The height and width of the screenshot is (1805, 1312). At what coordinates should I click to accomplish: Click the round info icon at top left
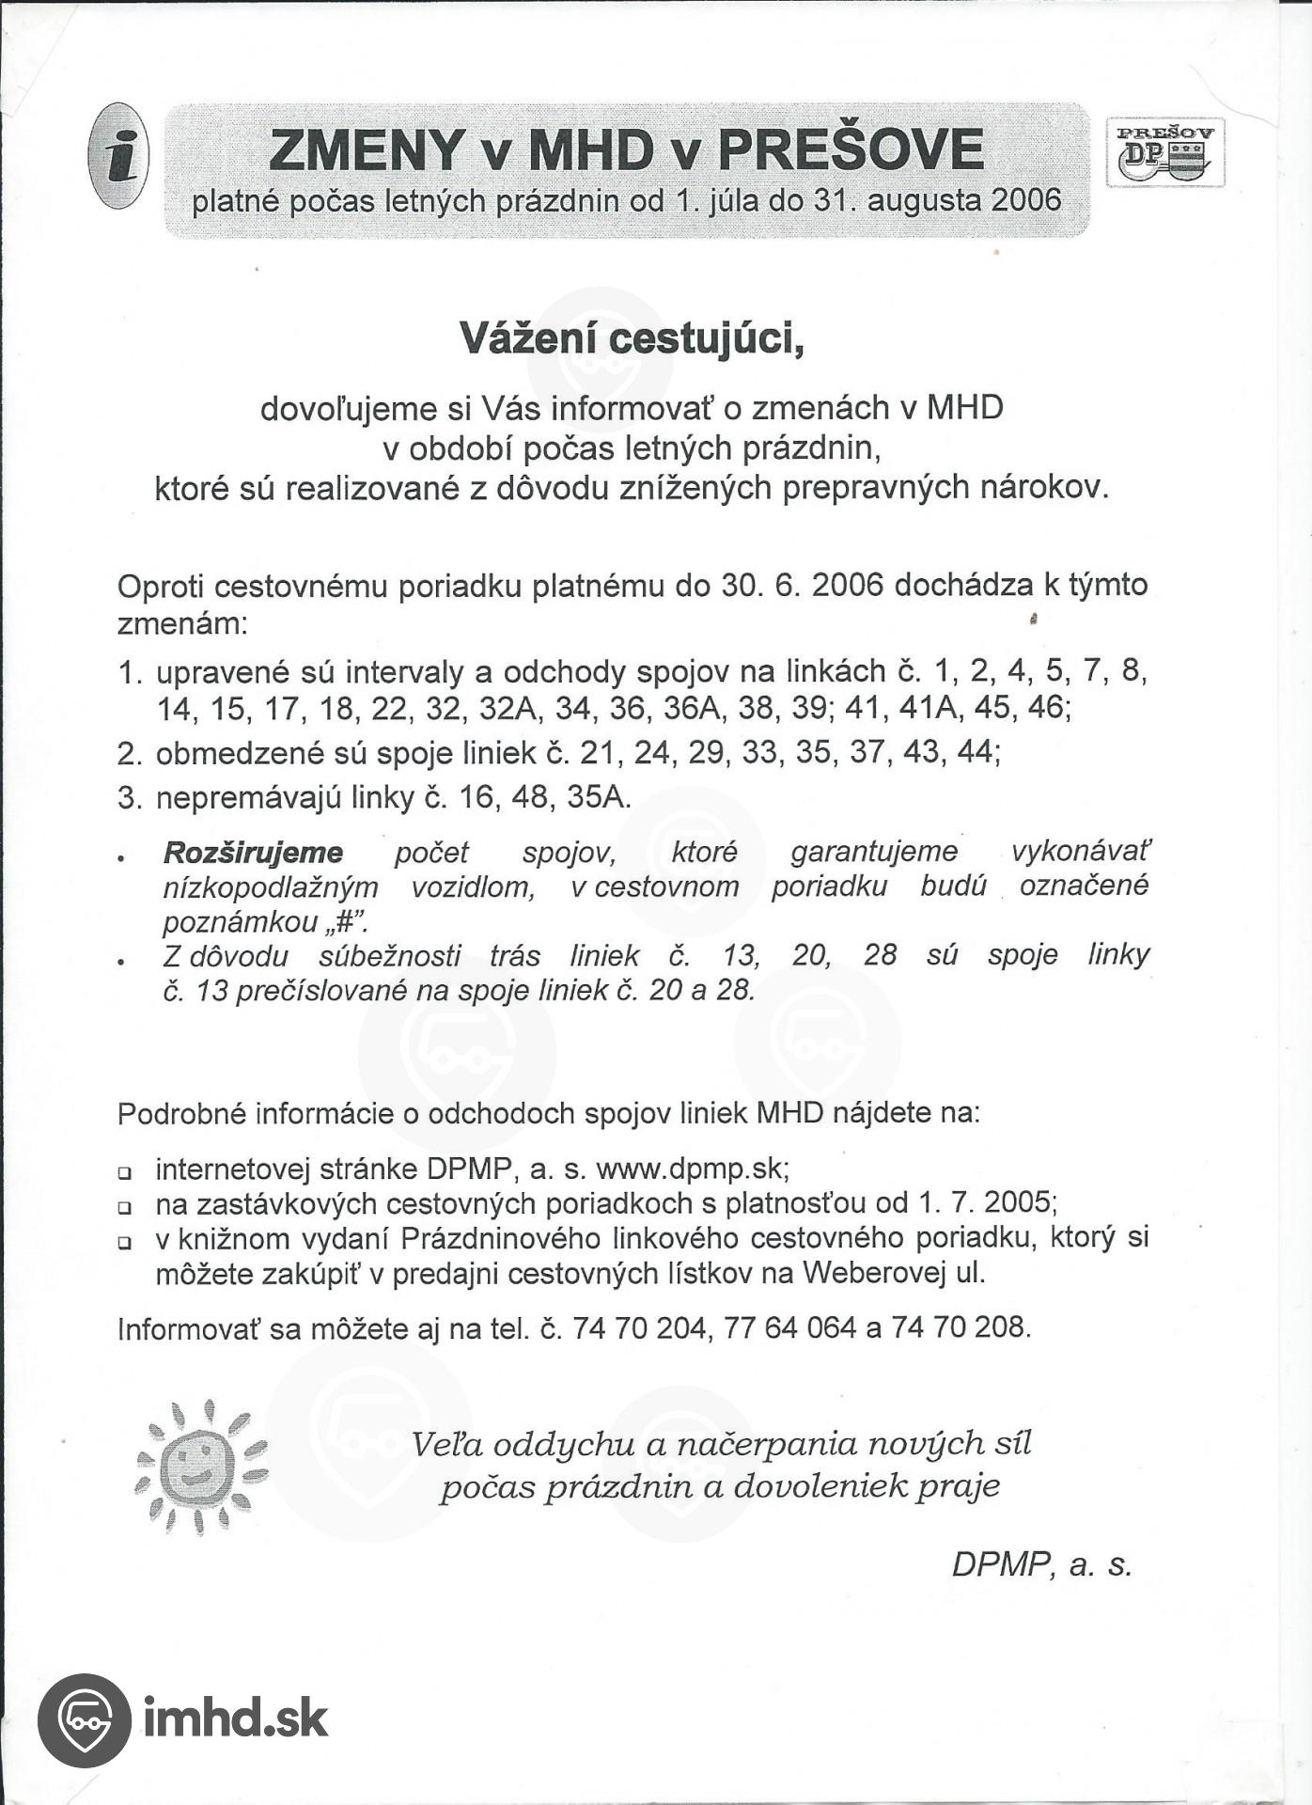[118, 156]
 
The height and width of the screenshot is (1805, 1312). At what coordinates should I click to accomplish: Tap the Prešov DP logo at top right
[1165, 152]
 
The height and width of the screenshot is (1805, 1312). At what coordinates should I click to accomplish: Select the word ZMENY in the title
[367, 150]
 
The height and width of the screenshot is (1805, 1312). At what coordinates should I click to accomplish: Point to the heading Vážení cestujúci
[632, 338]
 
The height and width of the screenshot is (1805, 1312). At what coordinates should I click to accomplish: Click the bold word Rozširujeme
[253, 853]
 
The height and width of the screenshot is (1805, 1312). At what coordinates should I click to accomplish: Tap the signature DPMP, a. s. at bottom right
[1041, 1564]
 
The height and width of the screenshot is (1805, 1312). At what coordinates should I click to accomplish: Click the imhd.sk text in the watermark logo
[236, 1718]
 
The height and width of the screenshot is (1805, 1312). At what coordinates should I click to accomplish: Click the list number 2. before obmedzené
[130, 753]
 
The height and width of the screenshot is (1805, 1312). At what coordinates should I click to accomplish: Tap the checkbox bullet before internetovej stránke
[124, 1173]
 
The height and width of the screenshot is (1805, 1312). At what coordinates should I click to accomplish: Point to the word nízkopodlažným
[271, 887]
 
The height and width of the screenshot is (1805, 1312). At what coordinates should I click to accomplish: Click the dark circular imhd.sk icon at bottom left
[85, 1719]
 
